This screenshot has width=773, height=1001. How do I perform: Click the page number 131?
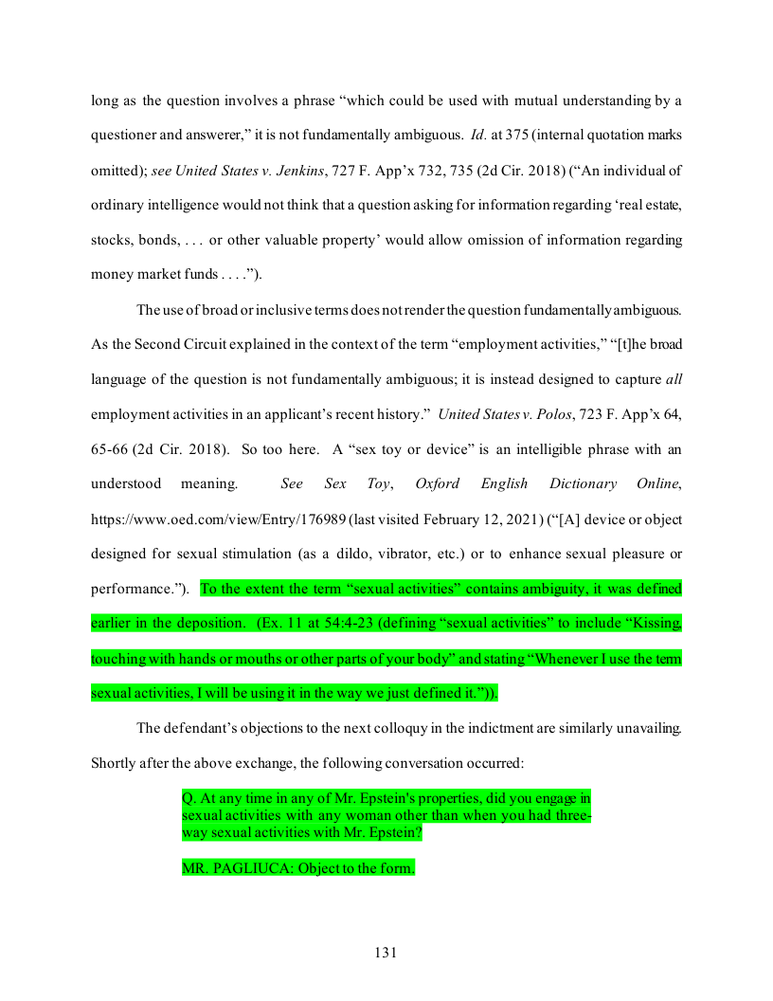[x=386, y=953]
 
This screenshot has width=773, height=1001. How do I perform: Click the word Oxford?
[x=437, y=483]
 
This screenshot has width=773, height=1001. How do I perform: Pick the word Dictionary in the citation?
[x=582, y=483]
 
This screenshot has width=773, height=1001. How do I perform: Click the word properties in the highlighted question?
[x=415, y=799]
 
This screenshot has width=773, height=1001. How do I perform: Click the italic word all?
[x=674, y=379]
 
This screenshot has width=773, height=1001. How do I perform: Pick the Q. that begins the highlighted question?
[x=189, y=799]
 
